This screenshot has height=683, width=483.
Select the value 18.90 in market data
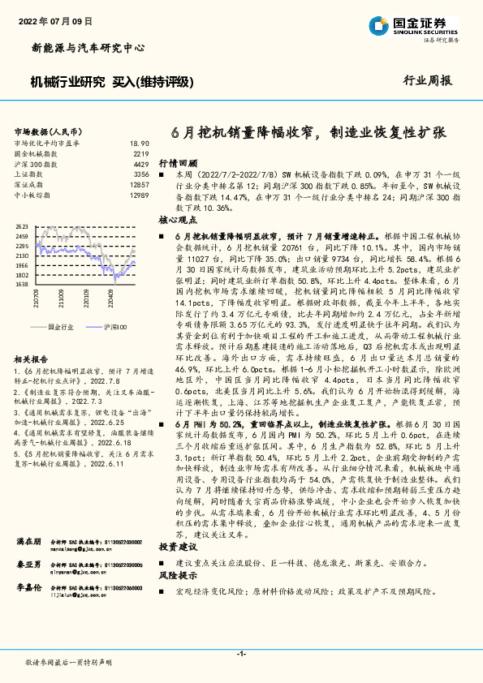pyautogui.click(x=140, y=143)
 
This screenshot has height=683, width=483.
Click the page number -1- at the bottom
pyautogui.click(x=241, y=654)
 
